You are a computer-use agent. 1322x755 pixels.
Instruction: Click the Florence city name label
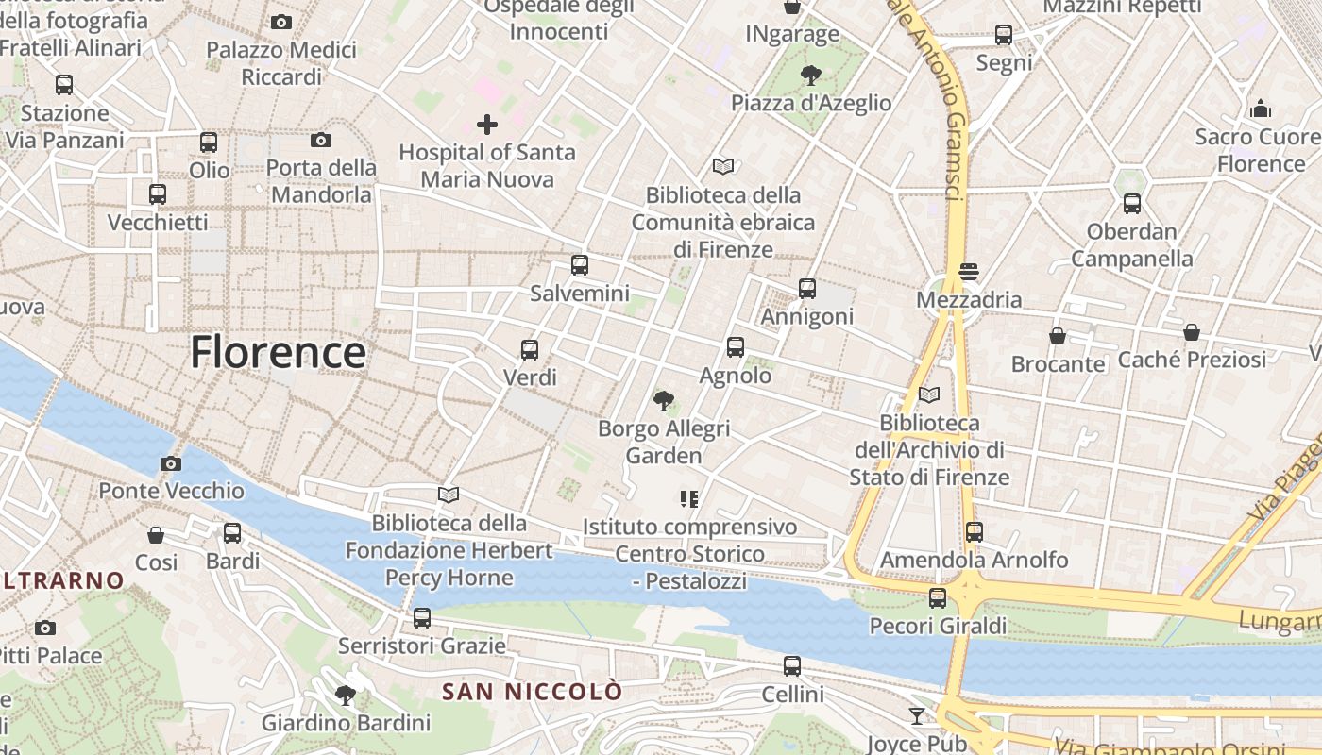click(x=278, y=352)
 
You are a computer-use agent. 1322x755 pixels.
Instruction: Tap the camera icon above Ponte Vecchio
click(x=171, y=463)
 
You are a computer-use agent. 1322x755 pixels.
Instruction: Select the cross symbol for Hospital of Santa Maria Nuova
click(x=487, y=124)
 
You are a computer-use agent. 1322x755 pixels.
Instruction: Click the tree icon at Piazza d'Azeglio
click(x=810, y=75)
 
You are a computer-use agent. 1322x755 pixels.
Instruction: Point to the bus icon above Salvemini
click(x=580, y=265)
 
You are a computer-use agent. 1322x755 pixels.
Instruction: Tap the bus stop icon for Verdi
click(x=530, y=350)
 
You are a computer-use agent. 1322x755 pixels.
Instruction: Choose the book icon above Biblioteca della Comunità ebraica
click(x=723, y=167)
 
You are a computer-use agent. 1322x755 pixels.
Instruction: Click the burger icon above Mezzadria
click(x=969, y=272)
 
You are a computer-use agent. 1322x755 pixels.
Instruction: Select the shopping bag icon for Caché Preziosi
click(x=1192, y=332)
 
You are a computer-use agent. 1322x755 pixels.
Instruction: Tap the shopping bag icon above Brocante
click(x=1058, y=336)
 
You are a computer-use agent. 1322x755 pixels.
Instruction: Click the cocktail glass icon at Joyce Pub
click(x=916, y=716)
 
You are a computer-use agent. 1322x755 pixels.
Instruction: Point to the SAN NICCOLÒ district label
click(x=533, y=692)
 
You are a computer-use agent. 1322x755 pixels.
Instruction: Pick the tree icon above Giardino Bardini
click(x=346, y=696)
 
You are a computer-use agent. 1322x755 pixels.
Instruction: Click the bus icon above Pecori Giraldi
click(x=938, y=598)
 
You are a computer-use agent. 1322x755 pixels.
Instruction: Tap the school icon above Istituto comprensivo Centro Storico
click(x=689, y=498)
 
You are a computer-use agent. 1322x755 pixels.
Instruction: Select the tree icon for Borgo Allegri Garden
click(x=664, y=401)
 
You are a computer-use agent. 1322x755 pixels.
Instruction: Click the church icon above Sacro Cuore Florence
click(x=1261, y=109)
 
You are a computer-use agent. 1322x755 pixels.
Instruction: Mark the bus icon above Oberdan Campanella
click(x=1132, y=203)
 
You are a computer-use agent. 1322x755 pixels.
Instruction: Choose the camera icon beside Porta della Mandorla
click(x=321, y=141)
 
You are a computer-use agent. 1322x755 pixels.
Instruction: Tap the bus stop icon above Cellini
click(x=792, y=666)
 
